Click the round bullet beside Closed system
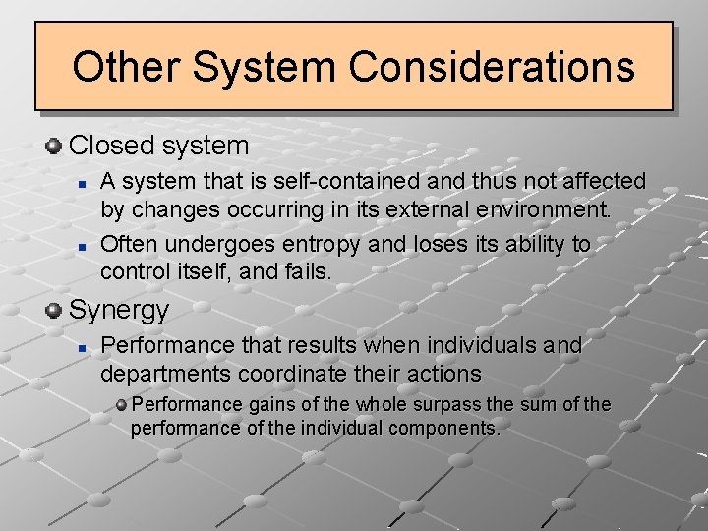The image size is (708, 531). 54,146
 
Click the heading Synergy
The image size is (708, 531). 119,311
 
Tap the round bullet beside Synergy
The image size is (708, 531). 54,311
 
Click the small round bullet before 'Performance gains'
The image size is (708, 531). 121,405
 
